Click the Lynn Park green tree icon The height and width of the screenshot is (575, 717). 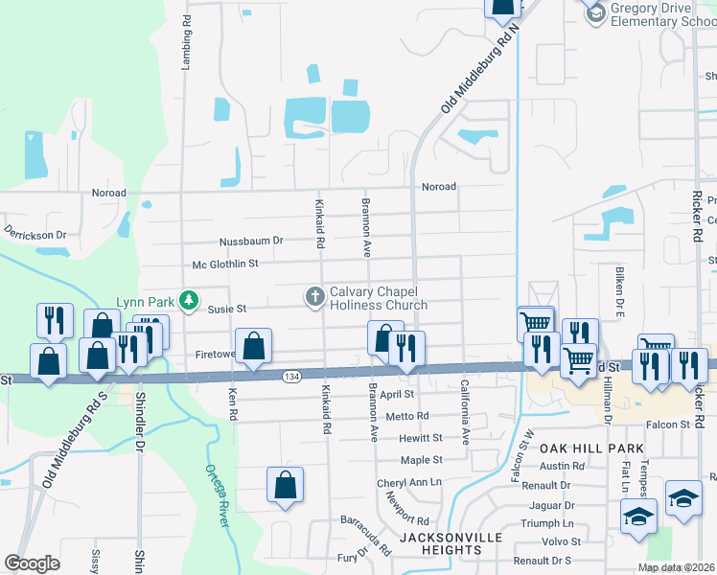pos(190,301)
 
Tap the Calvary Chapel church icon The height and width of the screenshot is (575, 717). pos(314,297)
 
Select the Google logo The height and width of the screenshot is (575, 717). pos(32,563)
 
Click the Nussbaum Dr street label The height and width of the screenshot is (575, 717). pos(252,241)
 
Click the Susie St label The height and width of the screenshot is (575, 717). pos(228,309)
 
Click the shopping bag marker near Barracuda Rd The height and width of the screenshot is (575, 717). pos(286,485)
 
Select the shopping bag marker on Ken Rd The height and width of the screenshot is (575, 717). pos(254,347)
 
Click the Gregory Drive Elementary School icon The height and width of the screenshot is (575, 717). pos(595,11)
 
